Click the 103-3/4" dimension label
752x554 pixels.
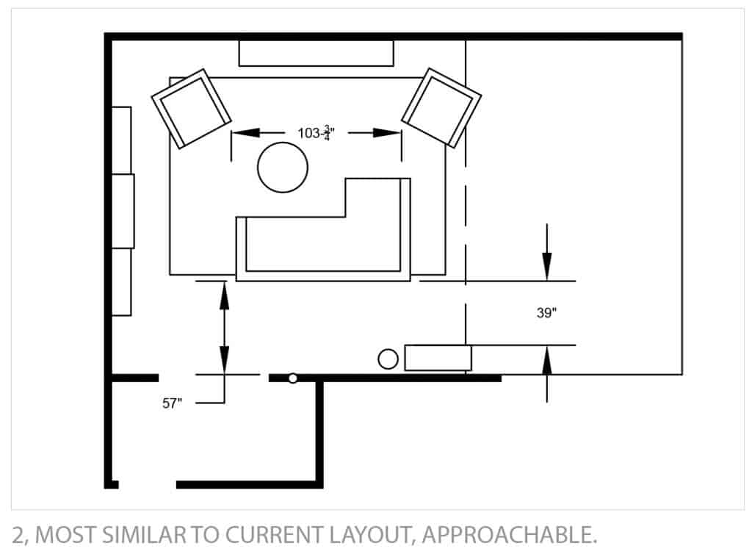(x=314, y=133)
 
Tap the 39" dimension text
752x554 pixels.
(x=546, y=313)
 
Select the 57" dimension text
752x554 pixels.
(x=172, y=403)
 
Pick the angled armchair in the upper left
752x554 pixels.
(x=191, y=108)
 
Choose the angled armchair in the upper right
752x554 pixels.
(x=441, y=107)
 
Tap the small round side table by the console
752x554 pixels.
(x=388, y=359)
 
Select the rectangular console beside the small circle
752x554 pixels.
(x=438, y=358)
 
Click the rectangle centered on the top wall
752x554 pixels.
(x=316, y=53)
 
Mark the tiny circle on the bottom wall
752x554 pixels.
(x=292, y=378)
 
